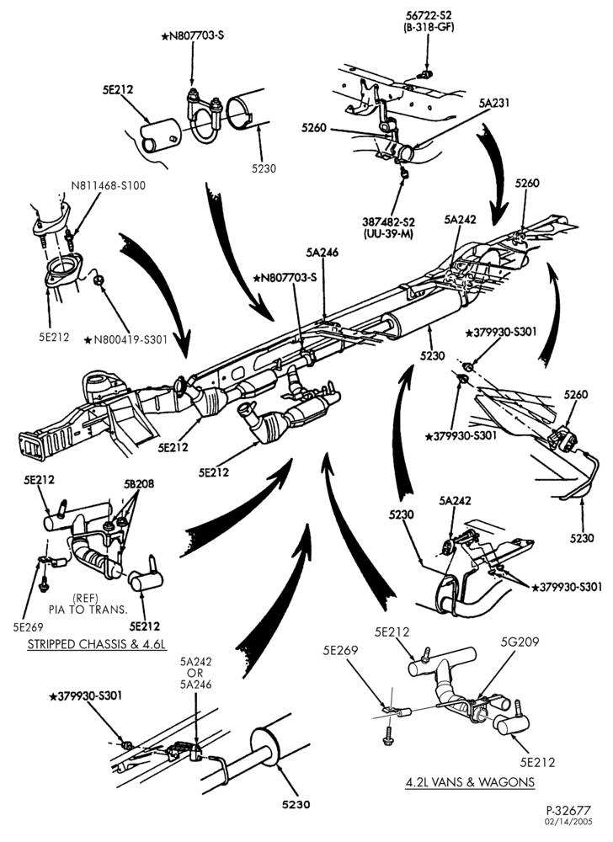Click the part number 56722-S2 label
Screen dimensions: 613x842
429,15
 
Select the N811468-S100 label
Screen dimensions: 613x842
109,186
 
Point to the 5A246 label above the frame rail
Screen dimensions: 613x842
322,253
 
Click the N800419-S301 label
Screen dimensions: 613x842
126,339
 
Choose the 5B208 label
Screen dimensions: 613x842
139,484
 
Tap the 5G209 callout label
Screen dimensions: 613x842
520,641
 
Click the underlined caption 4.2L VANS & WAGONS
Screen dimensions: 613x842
470,781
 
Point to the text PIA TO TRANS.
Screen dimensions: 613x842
88,610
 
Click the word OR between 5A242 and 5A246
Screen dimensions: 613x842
195,673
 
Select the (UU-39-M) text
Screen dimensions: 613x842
391,233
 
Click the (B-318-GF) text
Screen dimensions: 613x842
429,28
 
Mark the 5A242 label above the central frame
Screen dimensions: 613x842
460,219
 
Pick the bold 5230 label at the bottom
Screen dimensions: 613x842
297,805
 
